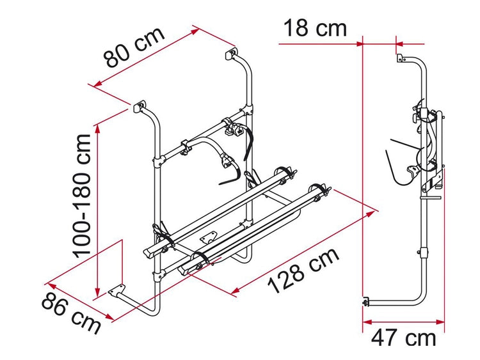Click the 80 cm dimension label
pos(134,47)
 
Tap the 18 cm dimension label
pos(316,28)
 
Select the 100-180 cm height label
pos(82,196)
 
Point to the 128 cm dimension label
pos(303,270)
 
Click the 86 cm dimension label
pos(71,313)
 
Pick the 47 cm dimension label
pos(403,338)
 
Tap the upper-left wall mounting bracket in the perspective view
pos(140,106)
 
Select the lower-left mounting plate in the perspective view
pos(116,290)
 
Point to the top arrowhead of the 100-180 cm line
pos(98,129)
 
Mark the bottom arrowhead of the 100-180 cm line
pos(98,292)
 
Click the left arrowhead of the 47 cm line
pos(367,322)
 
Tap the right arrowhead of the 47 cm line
pos(440,322)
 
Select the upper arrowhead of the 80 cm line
pos(195,31)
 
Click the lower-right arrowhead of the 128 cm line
pos(235,291)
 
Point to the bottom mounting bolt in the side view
pos(365,302)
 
